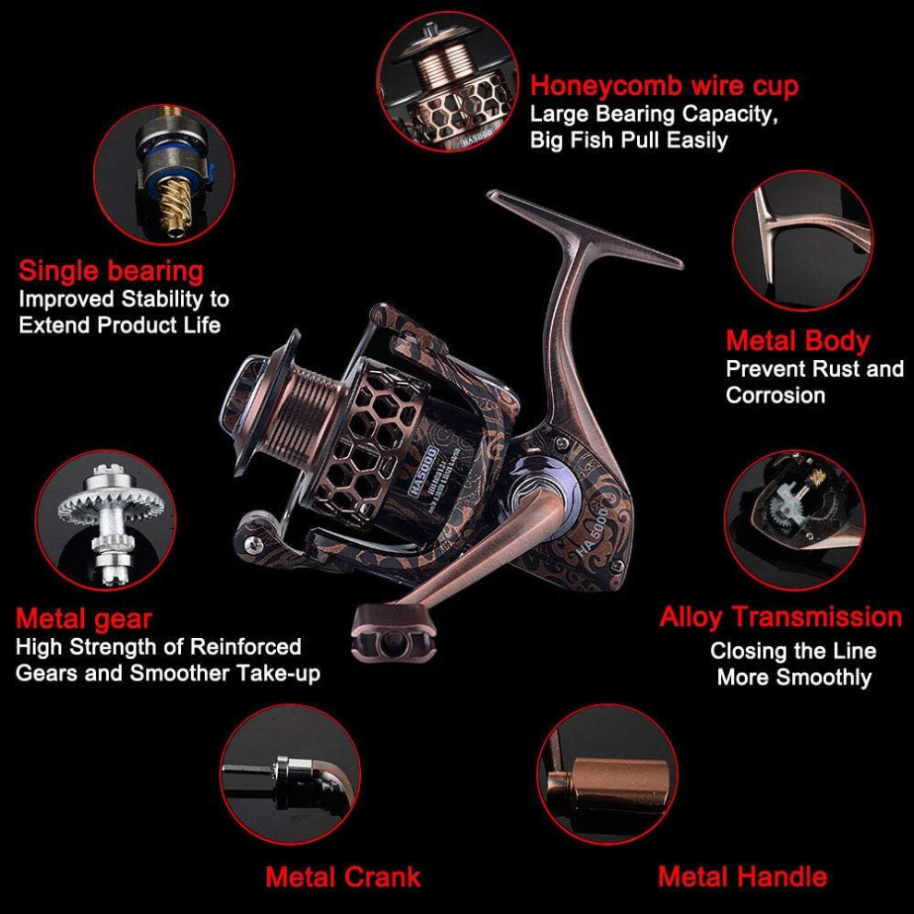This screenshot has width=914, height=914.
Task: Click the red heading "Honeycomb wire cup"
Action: pos(664,86)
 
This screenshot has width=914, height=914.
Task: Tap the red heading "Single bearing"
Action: pos(111,271)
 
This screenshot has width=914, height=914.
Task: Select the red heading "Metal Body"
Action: pos(798,341)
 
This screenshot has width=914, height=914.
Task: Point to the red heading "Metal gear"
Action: pos(83,619)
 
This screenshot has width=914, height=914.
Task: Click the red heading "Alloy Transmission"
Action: pos(780,618)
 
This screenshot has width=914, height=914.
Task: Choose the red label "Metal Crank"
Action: pos(343,877)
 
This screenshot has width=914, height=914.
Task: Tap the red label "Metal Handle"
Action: pos(742,877)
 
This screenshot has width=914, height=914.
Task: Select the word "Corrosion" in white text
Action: pos(776,396)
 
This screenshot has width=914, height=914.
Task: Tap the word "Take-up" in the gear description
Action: pos(279,674)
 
